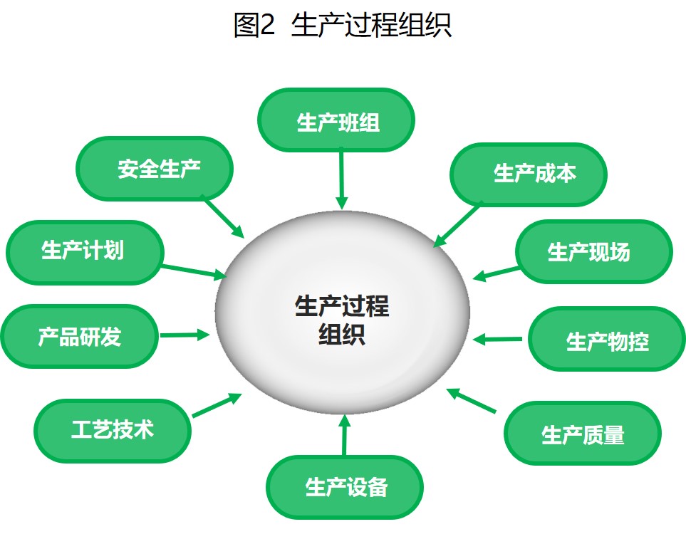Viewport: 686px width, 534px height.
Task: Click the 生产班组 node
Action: pos(336,120)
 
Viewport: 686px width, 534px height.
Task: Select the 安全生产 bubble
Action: pos(155,169)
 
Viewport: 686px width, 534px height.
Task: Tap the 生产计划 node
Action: pos(85,253)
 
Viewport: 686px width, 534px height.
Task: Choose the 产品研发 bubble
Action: pos(79,336)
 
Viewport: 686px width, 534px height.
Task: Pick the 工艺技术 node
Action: pos(113,431)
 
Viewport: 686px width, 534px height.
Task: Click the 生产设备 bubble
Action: pos(345,487)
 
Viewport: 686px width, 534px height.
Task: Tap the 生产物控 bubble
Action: pos(607,339)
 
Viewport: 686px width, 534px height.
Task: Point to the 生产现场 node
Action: pos(593,251)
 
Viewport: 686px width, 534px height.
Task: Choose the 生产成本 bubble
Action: pos(529,174)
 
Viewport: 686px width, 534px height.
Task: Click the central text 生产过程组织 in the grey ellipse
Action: pos(342,320)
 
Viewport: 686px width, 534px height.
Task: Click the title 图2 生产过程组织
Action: pos(342,25)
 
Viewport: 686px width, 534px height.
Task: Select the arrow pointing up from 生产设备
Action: pos(344,435)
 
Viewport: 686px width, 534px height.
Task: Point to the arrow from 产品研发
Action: pos(185,335)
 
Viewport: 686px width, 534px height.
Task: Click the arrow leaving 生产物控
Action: pos(497,339)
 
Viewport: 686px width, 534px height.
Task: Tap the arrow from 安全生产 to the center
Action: pos(224,218)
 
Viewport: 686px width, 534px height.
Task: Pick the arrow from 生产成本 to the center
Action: pos(457,225)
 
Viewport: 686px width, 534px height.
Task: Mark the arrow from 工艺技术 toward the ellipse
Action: pos(217,405)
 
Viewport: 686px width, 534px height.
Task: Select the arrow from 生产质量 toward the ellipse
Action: pos(471,400)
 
